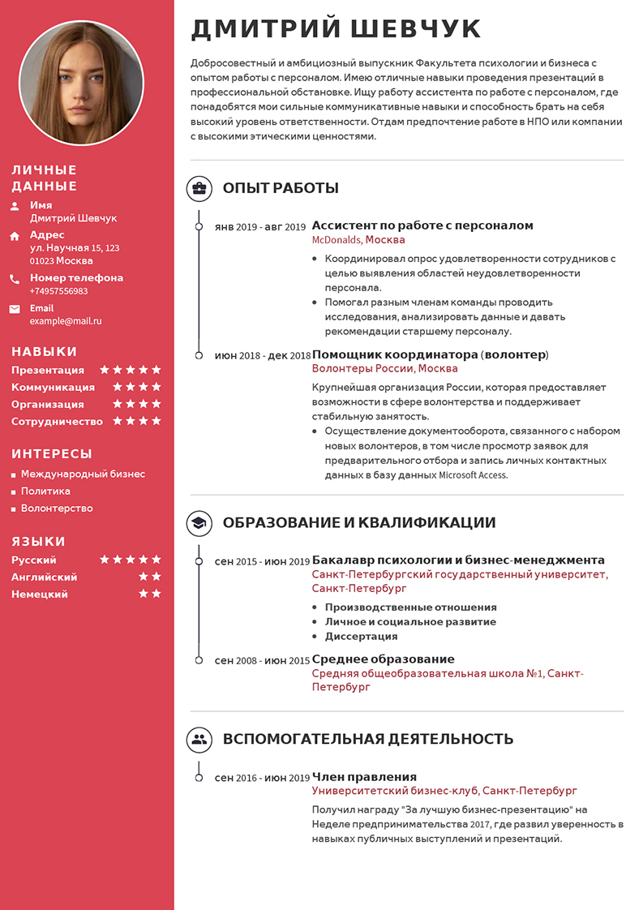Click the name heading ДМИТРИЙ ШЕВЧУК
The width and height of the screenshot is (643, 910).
[336, 29]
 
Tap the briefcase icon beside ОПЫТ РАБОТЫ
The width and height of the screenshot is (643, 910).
[199, 189]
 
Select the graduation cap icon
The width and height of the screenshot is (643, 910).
[199, 523]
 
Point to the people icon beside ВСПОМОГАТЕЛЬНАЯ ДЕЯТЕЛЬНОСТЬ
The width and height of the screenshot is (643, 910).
[199, 739]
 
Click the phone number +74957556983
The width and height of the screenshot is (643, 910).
[59, 291]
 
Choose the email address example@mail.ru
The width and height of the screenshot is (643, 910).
[66, 321]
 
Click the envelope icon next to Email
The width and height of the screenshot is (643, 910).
[15, 309]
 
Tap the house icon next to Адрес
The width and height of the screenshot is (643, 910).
[15, 236]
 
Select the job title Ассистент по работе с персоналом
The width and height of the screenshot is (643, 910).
[422, 225]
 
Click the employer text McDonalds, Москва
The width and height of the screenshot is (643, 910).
[358, 240]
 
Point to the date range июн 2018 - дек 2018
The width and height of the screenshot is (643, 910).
[262, 355]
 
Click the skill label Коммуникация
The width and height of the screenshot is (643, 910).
[53, 388]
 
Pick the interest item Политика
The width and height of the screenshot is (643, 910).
[45, 491]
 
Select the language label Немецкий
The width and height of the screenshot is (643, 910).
[40, 595]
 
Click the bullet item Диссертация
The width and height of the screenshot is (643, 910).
[361, 637]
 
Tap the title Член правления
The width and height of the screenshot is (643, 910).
[364, 777]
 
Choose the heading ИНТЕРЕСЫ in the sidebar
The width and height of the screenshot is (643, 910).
[52, 454]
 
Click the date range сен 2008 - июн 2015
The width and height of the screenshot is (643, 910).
[262, 660]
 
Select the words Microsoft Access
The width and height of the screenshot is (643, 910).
[473, 475]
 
